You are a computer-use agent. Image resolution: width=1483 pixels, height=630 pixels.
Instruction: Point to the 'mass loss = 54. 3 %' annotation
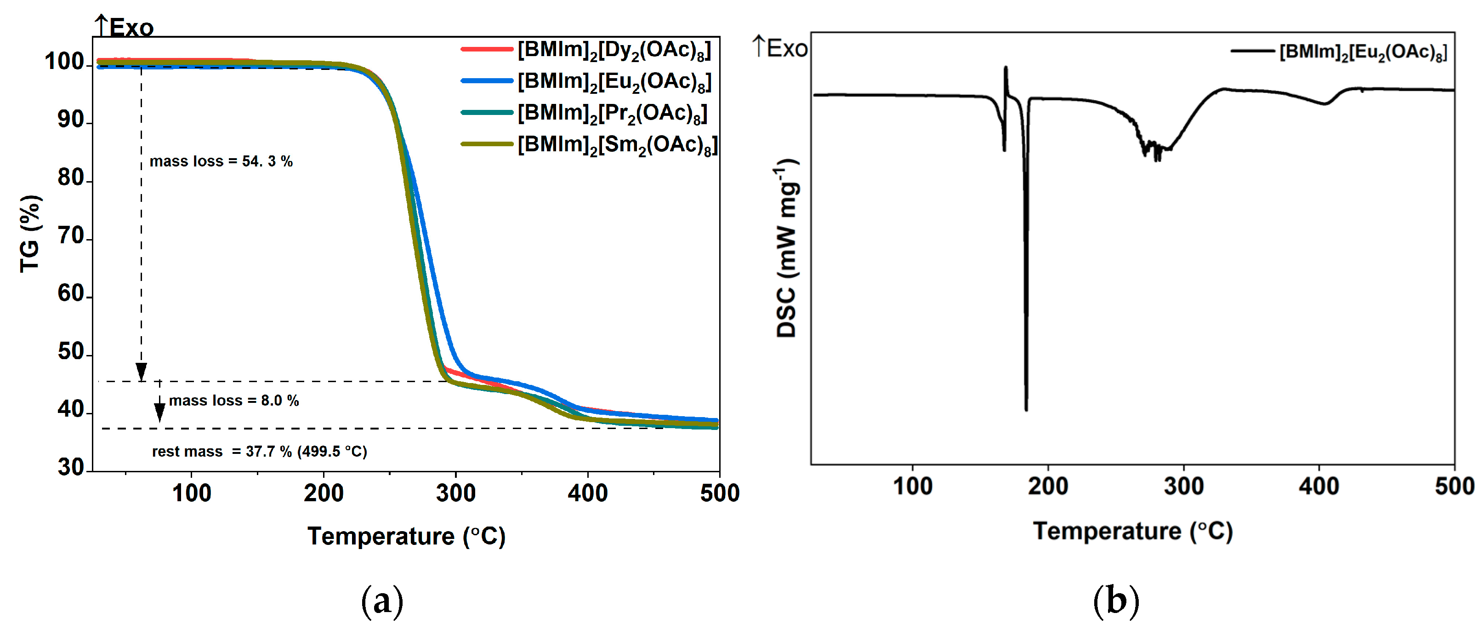pos(221,162)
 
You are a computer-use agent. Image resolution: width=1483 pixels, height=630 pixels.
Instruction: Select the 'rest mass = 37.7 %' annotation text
pos(259,452)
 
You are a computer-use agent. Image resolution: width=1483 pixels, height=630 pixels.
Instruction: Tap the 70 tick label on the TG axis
pos(71,236)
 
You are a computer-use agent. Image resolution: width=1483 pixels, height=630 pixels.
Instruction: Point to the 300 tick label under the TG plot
pos(455,494)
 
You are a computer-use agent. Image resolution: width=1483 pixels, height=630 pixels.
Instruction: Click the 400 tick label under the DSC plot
pos(1318,487)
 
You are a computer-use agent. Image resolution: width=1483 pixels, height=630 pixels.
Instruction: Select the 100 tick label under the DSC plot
pos(913,487)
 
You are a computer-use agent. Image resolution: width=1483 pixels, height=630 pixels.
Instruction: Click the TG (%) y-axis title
pos(30,234)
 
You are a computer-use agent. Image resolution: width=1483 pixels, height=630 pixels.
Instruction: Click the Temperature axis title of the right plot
pos(1132,532)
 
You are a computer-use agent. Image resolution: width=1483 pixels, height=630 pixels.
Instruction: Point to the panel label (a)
pos(382,601)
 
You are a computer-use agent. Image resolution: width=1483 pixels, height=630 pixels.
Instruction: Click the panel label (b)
pos(1116,601)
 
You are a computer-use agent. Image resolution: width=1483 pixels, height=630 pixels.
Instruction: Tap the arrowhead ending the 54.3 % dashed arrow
pos(141,372)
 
